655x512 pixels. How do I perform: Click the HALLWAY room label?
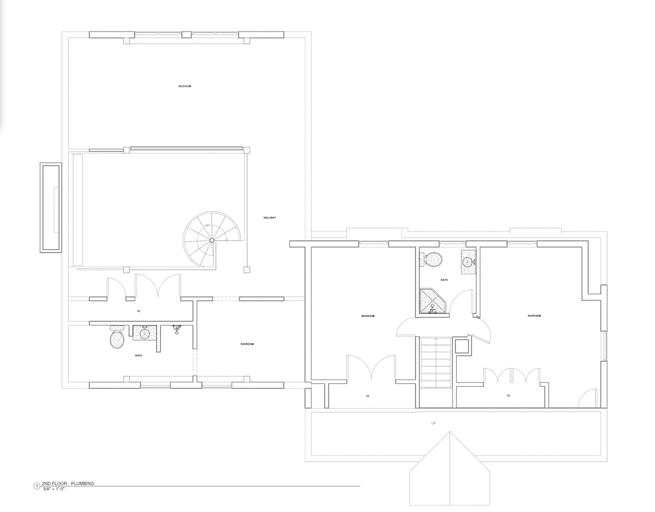(x=270, y=218)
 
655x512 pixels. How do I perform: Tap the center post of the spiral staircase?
(x=212, y=241)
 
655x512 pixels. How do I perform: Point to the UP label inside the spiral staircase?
(x=207, y=226)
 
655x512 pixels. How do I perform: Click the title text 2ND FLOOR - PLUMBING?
(x=68, y=483)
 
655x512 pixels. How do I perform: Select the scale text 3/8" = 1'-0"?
(x=53, y=489)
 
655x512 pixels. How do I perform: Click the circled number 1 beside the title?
(x=36, y=486)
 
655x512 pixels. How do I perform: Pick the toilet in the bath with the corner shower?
(x=433, y=260)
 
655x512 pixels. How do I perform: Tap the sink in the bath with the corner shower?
(x=467, y=261)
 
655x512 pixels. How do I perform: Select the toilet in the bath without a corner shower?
(x=117, y=338)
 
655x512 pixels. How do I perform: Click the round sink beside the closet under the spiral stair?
(x=144, y=334)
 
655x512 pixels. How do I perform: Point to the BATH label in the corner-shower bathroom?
(x=444, y=280)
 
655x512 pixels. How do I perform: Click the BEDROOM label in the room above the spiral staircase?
(x=184, y=86)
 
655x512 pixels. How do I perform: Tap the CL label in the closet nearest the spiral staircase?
(x=139, y=311)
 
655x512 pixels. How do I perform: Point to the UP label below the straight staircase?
(x=433, y=423)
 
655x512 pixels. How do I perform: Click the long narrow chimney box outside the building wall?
(x=51, y=207)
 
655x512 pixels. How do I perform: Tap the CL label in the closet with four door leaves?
(x=508, y=396)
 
